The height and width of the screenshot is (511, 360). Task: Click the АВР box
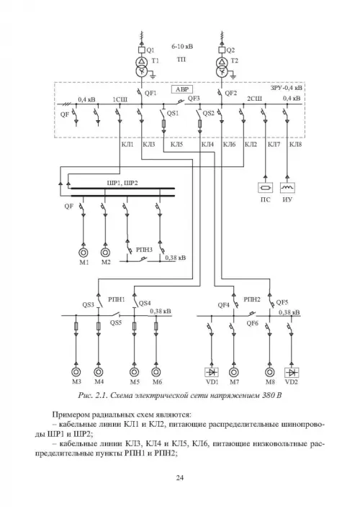pos(182,90)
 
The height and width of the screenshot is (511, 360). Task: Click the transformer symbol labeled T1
pos(142,67)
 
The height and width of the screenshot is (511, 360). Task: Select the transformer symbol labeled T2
pos(222,67)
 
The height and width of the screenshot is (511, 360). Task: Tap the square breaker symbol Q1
pos(142,50)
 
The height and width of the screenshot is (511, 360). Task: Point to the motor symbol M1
pos(84,252)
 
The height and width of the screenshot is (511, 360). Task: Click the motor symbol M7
pos(233,372)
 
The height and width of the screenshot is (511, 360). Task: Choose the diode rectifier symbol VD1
pos(211,372)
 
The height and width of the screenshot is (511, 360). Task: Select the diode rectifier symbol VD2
pos(292,372)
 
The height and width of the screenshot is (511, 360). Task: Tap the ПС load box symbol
pos(265,187)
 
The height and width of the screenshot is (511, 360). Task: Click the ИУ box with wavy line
pos(287,187)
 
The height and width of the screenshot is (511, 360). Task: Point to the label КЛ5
pos(176,145)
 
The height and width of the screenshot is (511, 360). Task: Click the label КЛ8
pos(295,145)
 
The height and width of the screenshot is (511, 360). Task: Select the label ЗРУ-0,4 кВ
pos(286,88)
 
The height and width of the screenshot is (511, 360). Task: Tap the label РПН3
pos(144,250)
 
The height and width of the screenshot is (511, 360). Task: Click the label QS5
pos(116,323)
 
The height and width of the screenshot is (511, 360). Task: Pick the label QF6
pos(253,323)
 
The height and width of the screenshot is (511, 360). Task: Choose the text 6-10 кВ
pos(182,46)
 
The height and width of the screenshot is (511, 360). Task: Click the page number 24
pos(180,478)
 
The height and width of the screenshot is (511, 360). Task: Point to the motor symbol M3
pos(76,372)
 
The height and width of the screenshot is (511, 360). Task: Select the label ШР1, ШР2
pos(122,183)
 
